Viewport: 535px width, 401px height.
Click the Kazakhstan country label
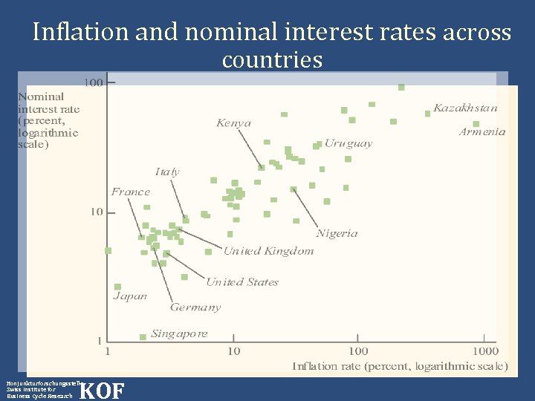click(x=465, y=108)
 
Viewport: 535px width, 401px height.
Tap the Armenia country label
click(x=481, y=131)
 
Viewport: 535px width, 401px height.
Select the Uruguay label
click(x=348, y=143)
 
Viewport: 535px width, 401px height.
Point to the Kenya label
click(x=234, y=123)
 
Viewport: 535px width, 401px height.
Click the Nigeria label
click(x=337, y=233)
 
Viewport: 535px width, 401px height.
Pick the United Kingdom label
click(x=269, y=251)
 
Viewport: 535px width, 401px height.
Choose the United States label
click(x=242, y=282)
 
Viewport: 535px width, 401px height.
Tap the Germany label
click(x=195, y=307)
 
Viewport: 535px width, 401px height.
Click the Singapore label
click(x=179, y=333)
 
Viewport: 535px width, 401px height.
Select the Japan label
click(x=130, y=296)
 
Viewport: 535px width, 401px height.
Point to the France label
click(x=131, y=192)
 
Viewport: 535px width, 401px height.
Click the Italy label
click(x=167, y=172)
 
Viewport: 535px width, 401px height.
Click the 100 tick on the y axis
click(x=94, y=82)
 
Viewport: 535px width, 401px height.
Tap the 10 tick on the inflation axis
click(x=233, y=351)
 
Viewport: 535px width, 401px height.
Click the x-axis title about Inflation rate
click(x=400, y=366)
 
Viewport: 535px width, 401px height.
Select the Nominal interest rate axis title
click(x=48, y=120)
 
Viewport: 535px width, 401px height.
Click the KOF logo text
click(x=101, y=390)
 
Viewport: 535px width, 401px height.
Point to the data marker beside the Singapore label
click(x=143, y=337)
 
